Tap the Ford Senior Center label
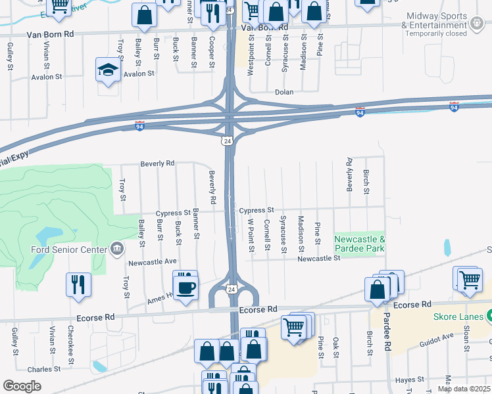68,249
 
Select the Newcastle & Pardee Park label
359,244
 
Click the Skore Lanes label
458,317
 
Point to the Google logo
22,386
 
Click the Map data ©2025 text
464,389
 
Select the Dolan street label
283,93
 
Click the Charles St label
44,369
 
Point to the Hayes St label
409,380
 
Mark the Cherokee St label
70,344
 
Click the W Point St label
251,236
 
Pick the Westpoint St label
251,60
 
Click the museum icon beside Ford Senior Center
116,248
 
